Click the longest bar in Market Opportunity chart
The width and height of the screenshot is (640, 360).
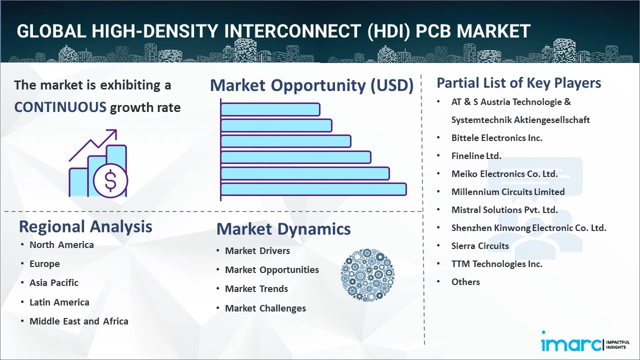313,189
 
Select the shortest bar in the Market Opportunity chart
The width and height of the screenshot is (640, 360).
270,109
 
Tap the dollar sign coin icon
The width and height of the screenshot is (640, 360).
110,180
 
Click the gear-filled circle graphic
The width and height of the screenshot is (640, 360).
367,275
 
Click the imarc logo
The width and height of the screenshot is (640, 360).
585,341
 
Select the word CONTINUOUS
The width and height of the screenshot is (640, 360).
60,107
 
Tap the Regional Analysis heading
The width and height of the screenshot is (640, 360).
85,226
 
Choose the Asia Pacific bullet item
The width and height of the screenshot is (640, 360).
53,283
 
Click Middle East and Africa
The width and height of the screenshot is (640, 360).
79,321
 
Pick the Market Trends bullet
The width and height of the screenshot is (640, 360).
256,289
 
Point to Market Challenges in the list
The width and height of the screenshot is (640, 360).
265,308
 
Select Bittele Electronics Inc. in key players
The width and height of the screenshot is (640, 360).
497,138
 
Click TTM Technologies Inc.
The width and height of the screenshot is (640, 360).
497,263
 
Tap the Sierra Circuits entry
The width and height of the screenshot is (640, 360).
480,245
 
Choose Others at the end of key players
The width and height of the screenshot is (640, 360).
465,282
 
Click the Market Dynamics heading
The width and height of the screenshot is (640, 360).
283,229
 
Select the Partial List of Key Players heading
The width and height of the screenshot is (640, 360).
519,83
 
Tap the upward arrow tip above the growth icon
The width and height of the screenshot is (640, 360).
116,130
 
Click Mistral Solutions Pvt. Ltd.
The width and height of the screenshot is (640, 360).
504,210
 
